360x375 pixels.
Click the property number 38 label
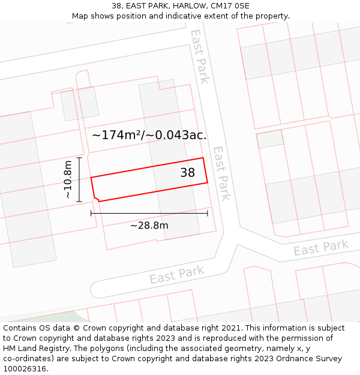point(188,173)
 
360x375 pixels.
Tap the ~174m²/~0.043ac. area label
point(149,135)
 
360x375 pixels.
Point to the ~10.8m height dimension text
point(68,179)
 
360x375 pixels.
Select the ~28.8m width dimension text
point(149,226)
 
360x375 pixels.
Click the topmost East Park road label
point(200,56)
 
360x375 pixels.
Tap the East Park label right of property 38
point(222,173)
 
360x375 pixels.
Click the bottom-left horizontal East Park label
point(176,275)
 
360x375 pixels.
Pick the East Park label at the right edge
point(321,248)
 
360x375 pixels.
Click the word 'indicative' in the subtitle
point(203,16)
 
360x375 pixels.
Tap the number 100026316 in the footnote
point(25,368)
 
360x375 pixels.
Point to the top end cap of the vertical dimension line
point(79,158)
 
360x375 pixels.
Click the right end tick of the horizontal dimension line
point(208,212)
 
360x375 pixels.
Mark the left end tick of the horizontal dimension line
point(91,212)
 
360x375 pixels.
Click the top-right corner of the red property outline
point(203,158)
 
